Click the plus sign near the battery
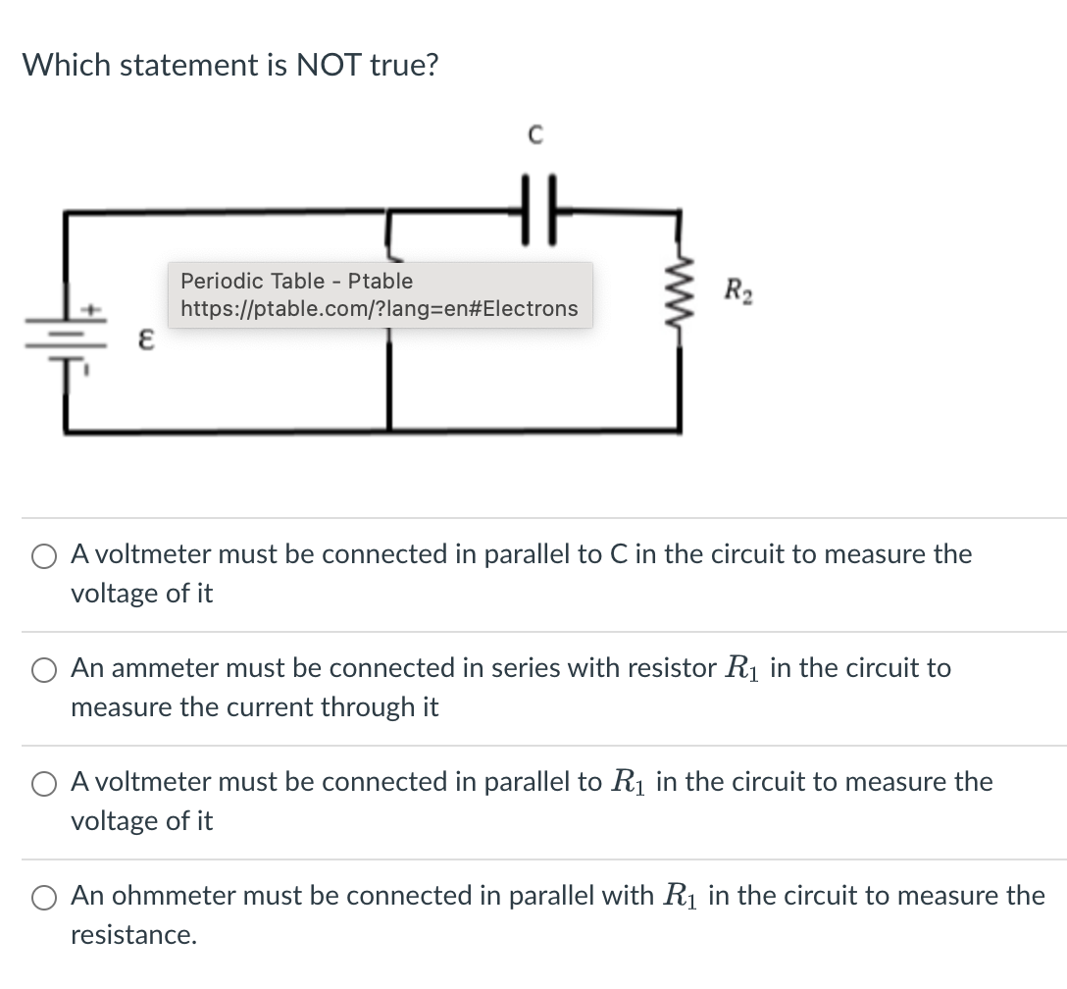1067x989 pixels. (x=94, y=309)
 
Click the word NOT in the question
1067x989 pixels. (x=329, y=66)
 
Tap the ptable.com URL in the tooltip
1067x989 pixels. (x=380, y=309)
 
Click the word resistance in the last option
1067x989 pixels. (x=132, y=935)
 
